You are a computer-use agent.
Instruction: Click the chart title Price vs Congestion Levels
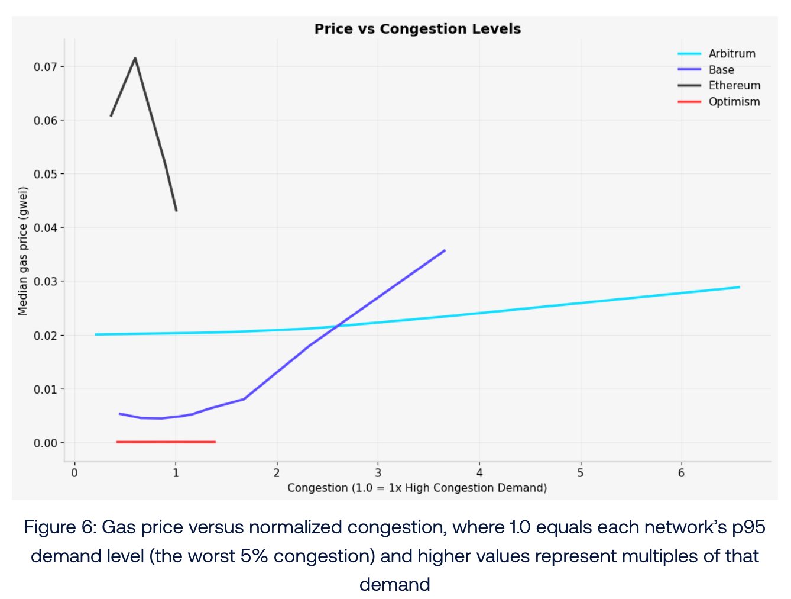point(417,29)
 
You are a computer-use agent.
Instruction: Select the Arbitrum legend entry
point(731,54)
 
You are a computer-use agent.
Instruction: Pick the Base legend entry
point(721,70)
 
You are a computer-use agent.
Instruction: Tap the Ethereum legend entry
point(734,86)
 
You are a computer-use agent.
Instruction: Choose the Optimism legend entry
point(734,102)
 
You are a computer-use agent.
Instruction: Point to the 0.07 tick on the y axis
point(46,67)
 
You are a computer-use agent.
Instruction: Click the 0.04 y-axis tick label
point(46,228)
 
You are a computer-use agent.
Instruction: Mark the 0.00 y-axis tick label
point(46,443)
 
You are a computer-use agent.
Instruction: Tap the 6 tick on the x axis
point(681,473)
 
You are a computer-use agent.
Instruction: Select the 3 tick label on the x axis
point(378,473)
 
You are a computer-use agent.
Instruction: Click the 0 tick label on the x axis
point(74,473)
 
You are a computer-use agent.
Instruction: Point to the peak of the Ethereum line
point(135,58)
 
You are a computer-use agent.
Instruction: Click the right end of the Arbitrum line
point(739,287)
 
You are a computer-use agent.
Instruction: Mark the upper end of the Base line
point(445,250)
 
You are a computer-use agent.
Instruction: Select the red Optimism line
point(166,442)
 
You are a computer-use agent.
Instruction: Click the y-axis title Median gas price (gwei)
point(23,252)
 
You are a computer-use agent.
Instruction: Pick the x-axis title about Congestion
point(417,488)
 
